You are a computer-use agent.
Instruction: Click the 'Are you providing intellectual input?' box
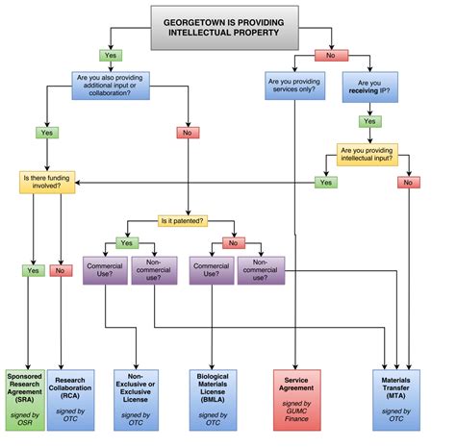378,155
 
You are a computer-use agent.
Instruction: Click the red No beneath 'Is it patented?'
229,243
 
